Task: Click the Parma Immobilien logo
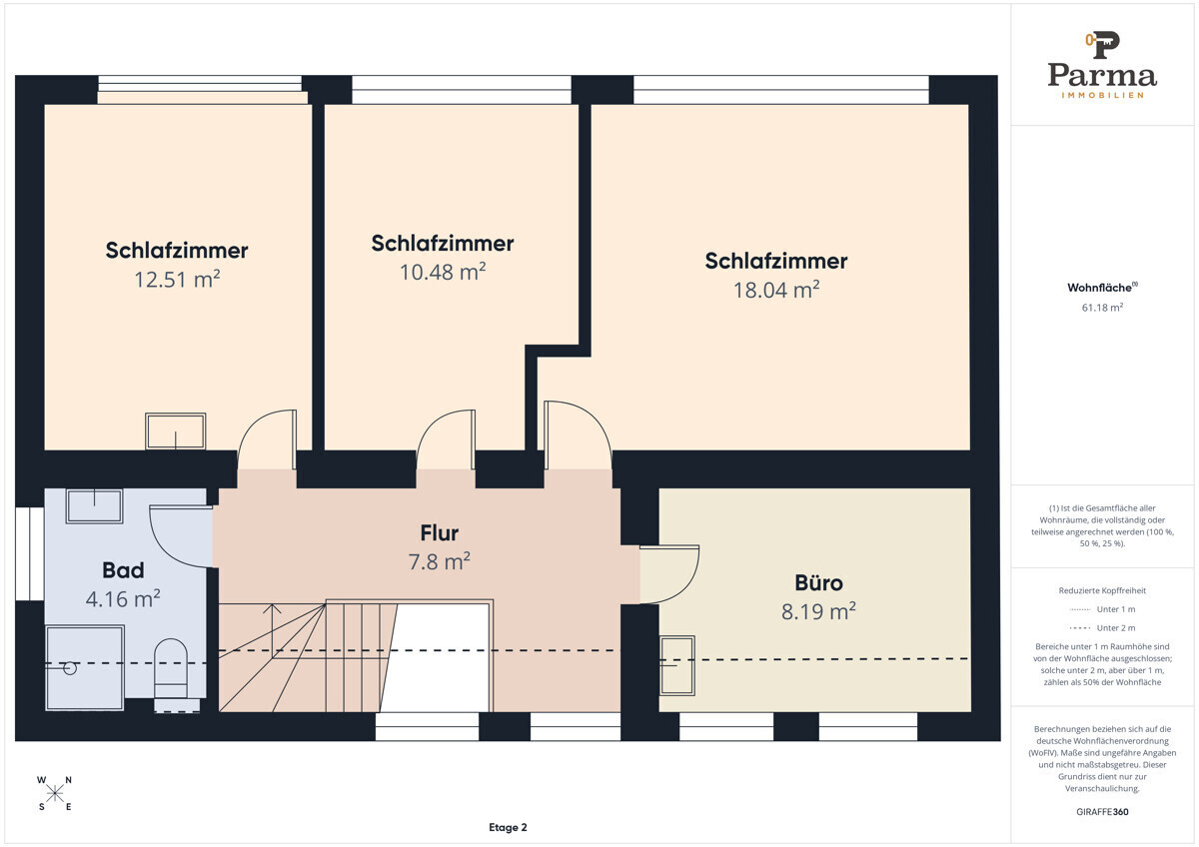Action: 1102,65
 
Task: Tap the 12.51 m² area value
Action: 177,280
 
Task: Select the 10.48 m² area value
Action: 443,272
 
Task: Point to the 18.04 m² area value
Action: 776,290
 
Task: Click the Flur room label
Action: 440,533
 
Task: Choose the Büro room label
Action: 819,582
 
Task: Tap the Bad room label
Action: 123,570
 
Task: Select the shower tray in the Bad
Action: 85,668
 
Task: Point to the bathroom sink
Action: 94,505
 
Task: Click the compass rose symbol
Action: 55,793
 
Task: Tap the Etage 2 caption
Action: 508,827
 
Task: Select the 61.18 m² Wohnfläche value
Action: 1102,307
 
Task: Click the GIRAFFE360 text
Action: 1102,812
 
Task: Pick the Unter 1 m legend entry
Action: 1102,609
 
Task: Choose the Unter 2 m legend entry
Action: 1102,627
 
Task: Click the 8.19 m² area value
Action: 818,611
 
